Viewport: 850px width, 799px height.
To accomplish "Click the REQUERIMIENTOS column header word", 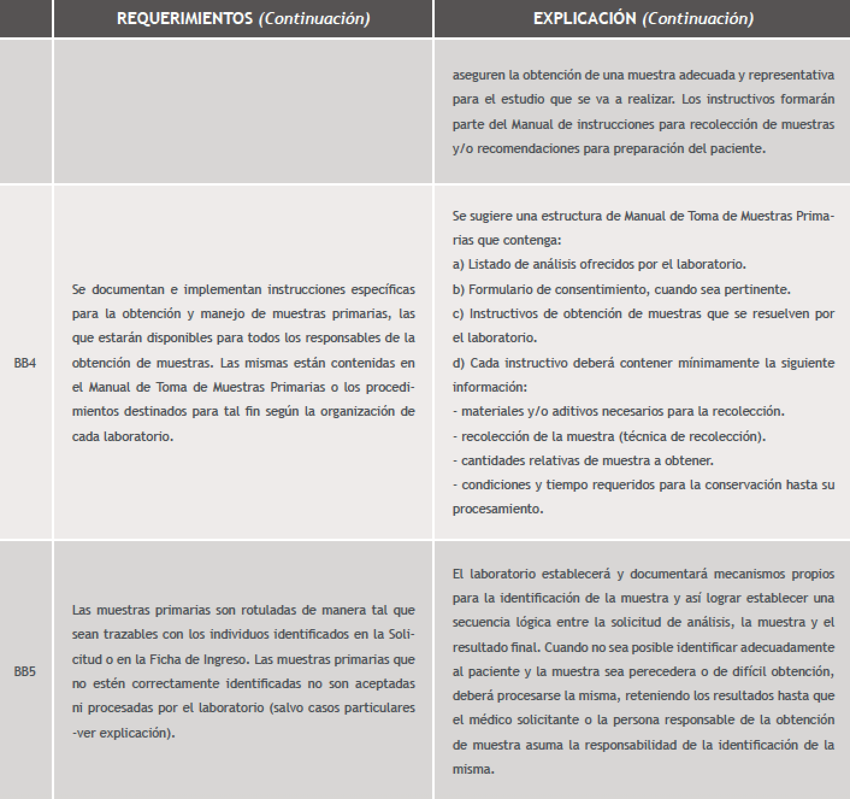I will click(184, 19).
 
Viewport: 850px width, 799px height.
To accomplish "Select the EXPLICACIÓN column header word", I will click(585, 19).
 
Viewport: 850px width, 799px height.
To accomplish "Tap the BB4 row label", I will click(25, 363).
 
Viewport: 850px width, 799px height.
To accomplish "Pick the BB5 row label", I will click(25, 671).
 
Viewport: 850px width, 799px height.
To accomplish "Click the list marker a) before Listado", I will click(458, 265).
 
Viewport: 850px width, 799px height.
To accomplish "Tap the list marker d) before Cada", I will click(459, 363).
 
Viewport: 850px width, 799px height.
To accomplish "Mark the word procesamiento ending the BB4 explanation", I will click(497, 509).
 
